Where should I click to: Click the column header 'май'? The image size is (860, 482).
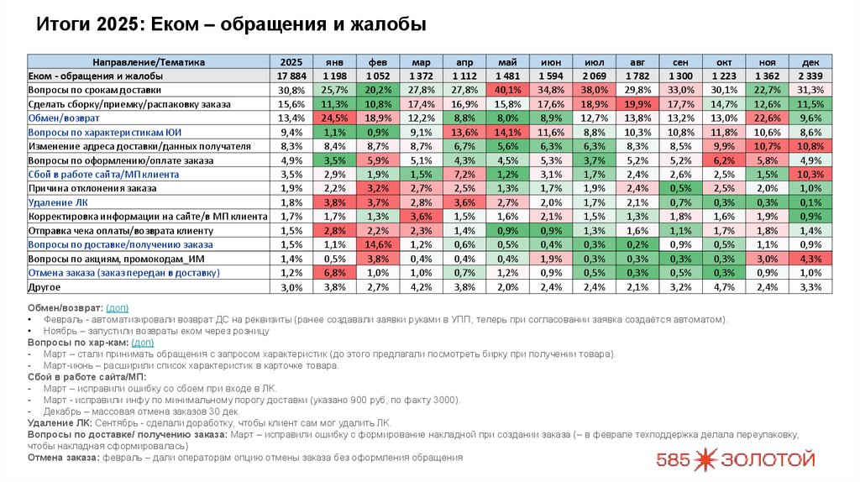point(508,62)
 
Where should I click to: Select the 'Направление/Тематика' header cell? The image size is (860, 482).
point(148,62)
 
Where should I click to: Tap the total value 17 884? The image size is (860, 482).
point(291,76)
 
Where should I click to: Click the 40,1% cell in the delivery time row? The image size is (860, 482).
point(508,90)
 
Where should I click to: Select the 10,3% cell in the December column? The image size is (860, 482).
point(810,174)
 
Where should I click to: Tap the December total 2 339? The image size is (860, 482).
point(810,76)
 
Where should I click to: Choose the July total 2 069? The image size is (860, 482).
point(595,76)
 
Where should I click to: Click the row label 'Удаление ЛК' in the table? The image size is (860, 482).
point(56,202)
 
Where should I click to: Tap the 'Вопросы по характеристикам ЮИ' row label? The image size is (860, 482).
point(105,132)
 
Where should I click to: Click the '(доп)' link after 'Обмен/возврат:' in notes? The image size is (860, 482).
point(118,308)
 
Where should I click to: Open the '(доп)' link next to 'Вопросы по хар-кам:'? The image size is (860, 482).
point(143,343)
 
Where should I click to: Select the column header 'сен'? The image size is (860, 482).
point(681,62)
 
